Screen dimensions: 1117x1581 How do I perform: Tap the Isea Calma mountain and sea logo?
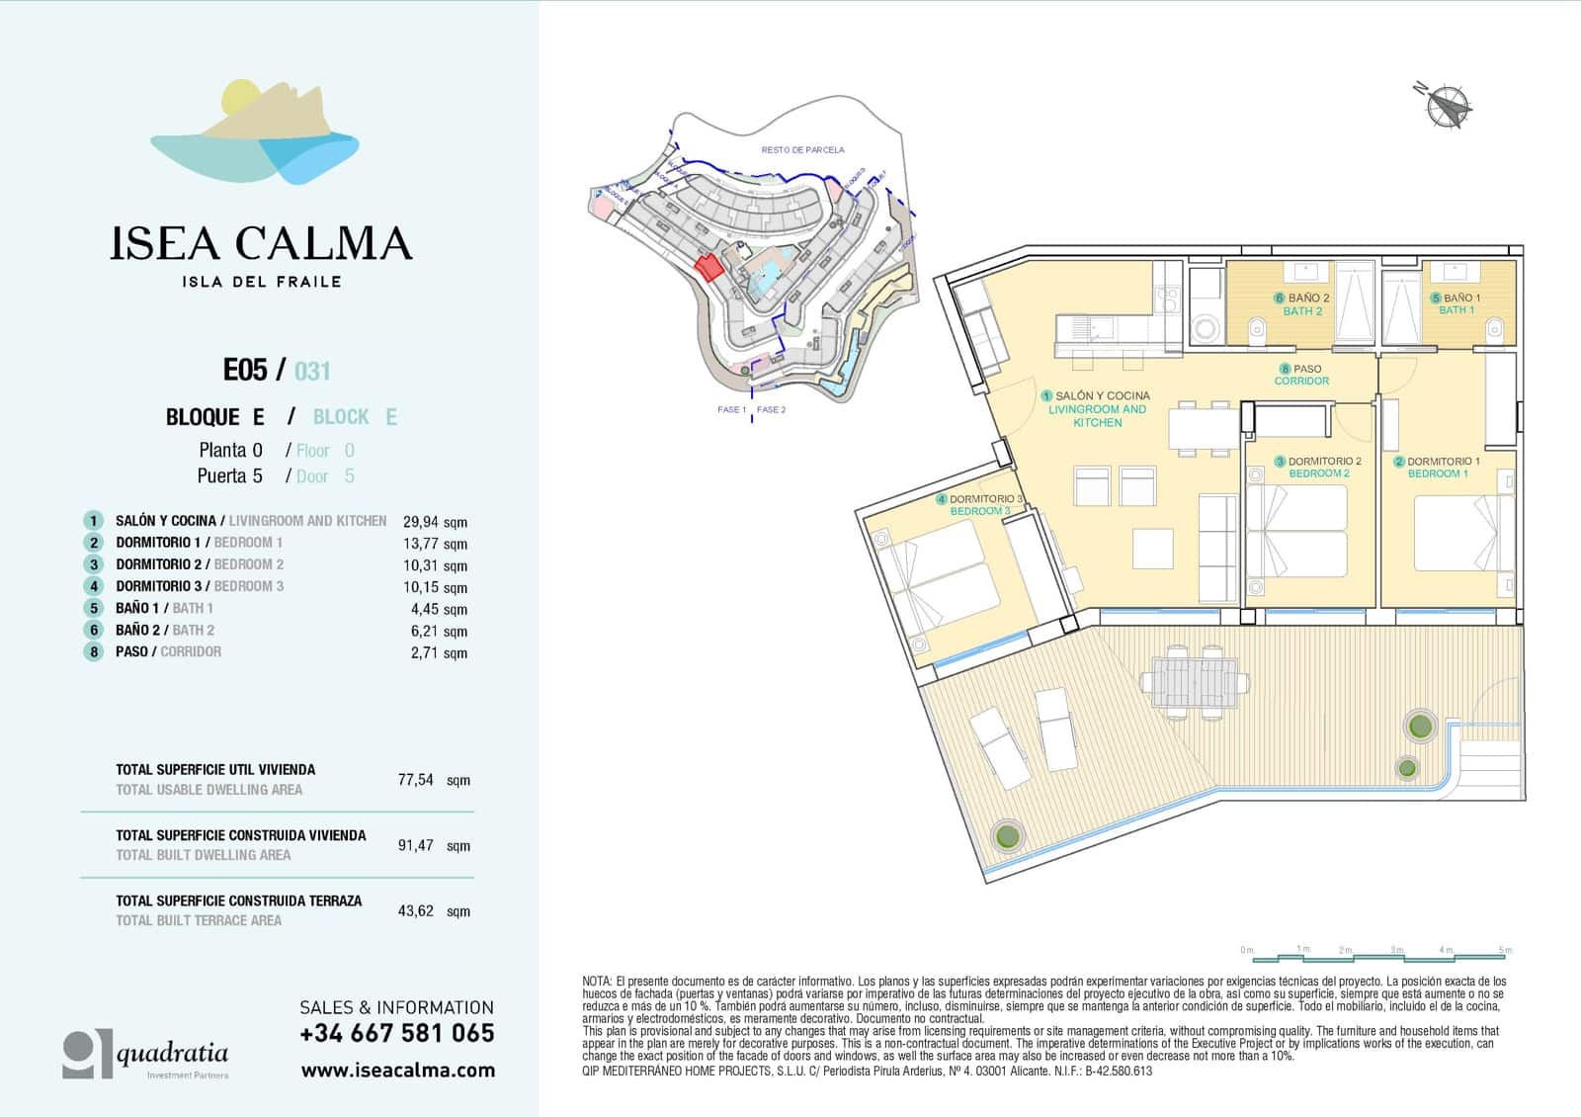[x=255, y=133]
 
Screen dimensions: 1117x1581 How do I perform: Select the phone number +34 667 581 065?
[x=397, y=1033]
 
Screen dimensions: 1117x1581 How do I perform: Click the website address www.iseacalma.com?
[x=397, y=1070]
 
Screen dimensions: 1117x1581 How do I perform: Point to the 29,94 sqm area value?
[x=435, y=522]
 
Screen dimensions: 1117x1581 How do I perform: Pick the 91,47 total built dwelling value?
[x=416, y=845]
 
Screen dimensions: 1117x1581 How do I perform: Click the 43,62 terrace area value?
[x=416, y=910]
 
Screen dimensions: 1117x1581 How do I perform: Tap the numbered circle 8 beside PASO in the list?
[x=93, y=651]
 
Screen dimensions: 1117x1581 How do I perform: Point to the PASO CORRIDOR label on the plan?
[x=1301, y=375]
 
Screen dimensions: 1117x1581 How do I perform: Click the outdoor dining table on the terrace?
[x=1190, y=681]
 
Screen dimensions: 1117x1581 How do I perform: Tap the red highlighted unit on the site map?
[x=707, y=266]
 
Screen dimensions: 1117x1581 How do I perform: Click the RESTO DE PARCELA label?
[x=802, y=150]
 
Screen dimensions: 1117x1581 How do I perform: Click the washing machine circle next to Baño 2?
[x=1204, y=326]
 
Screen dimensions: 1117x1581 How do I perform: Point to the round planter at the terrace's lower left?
[x=1006, y=836]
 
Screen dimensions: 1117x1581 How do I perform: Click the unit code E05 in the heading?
[x=245, y=370]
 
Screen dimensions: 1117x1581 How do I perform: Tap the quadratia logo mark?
[x=87, y=1054]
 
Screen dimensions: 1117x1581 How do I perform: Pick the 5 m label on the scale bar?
[x=1504, y=950]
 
